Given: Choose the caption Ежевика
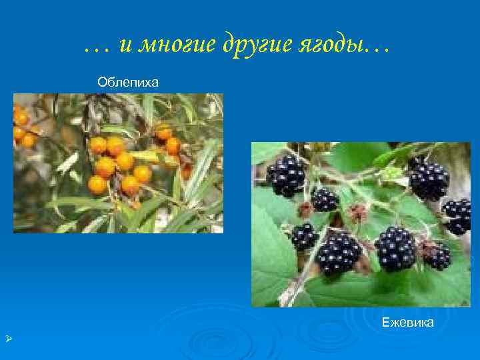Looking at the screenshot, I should [407, 323].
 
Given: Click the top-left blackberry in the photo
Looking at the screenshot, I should [286, 175].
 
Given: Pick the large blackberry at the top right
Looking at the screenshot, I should [428, 179].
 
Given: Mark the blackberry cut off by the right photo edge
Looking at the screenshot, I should [458, 215].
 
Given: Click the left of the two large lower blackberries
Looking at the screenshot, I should [339, 253].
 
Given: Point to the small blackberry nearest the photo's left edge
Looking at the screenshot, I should [304, 236].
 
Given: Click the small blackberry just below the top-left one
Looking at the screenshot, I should [325, 199].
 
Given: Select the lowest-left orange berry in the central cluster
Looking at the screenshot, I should [98, 185].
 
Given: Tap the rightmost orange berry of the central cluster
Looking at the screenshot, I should [143, 173].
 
